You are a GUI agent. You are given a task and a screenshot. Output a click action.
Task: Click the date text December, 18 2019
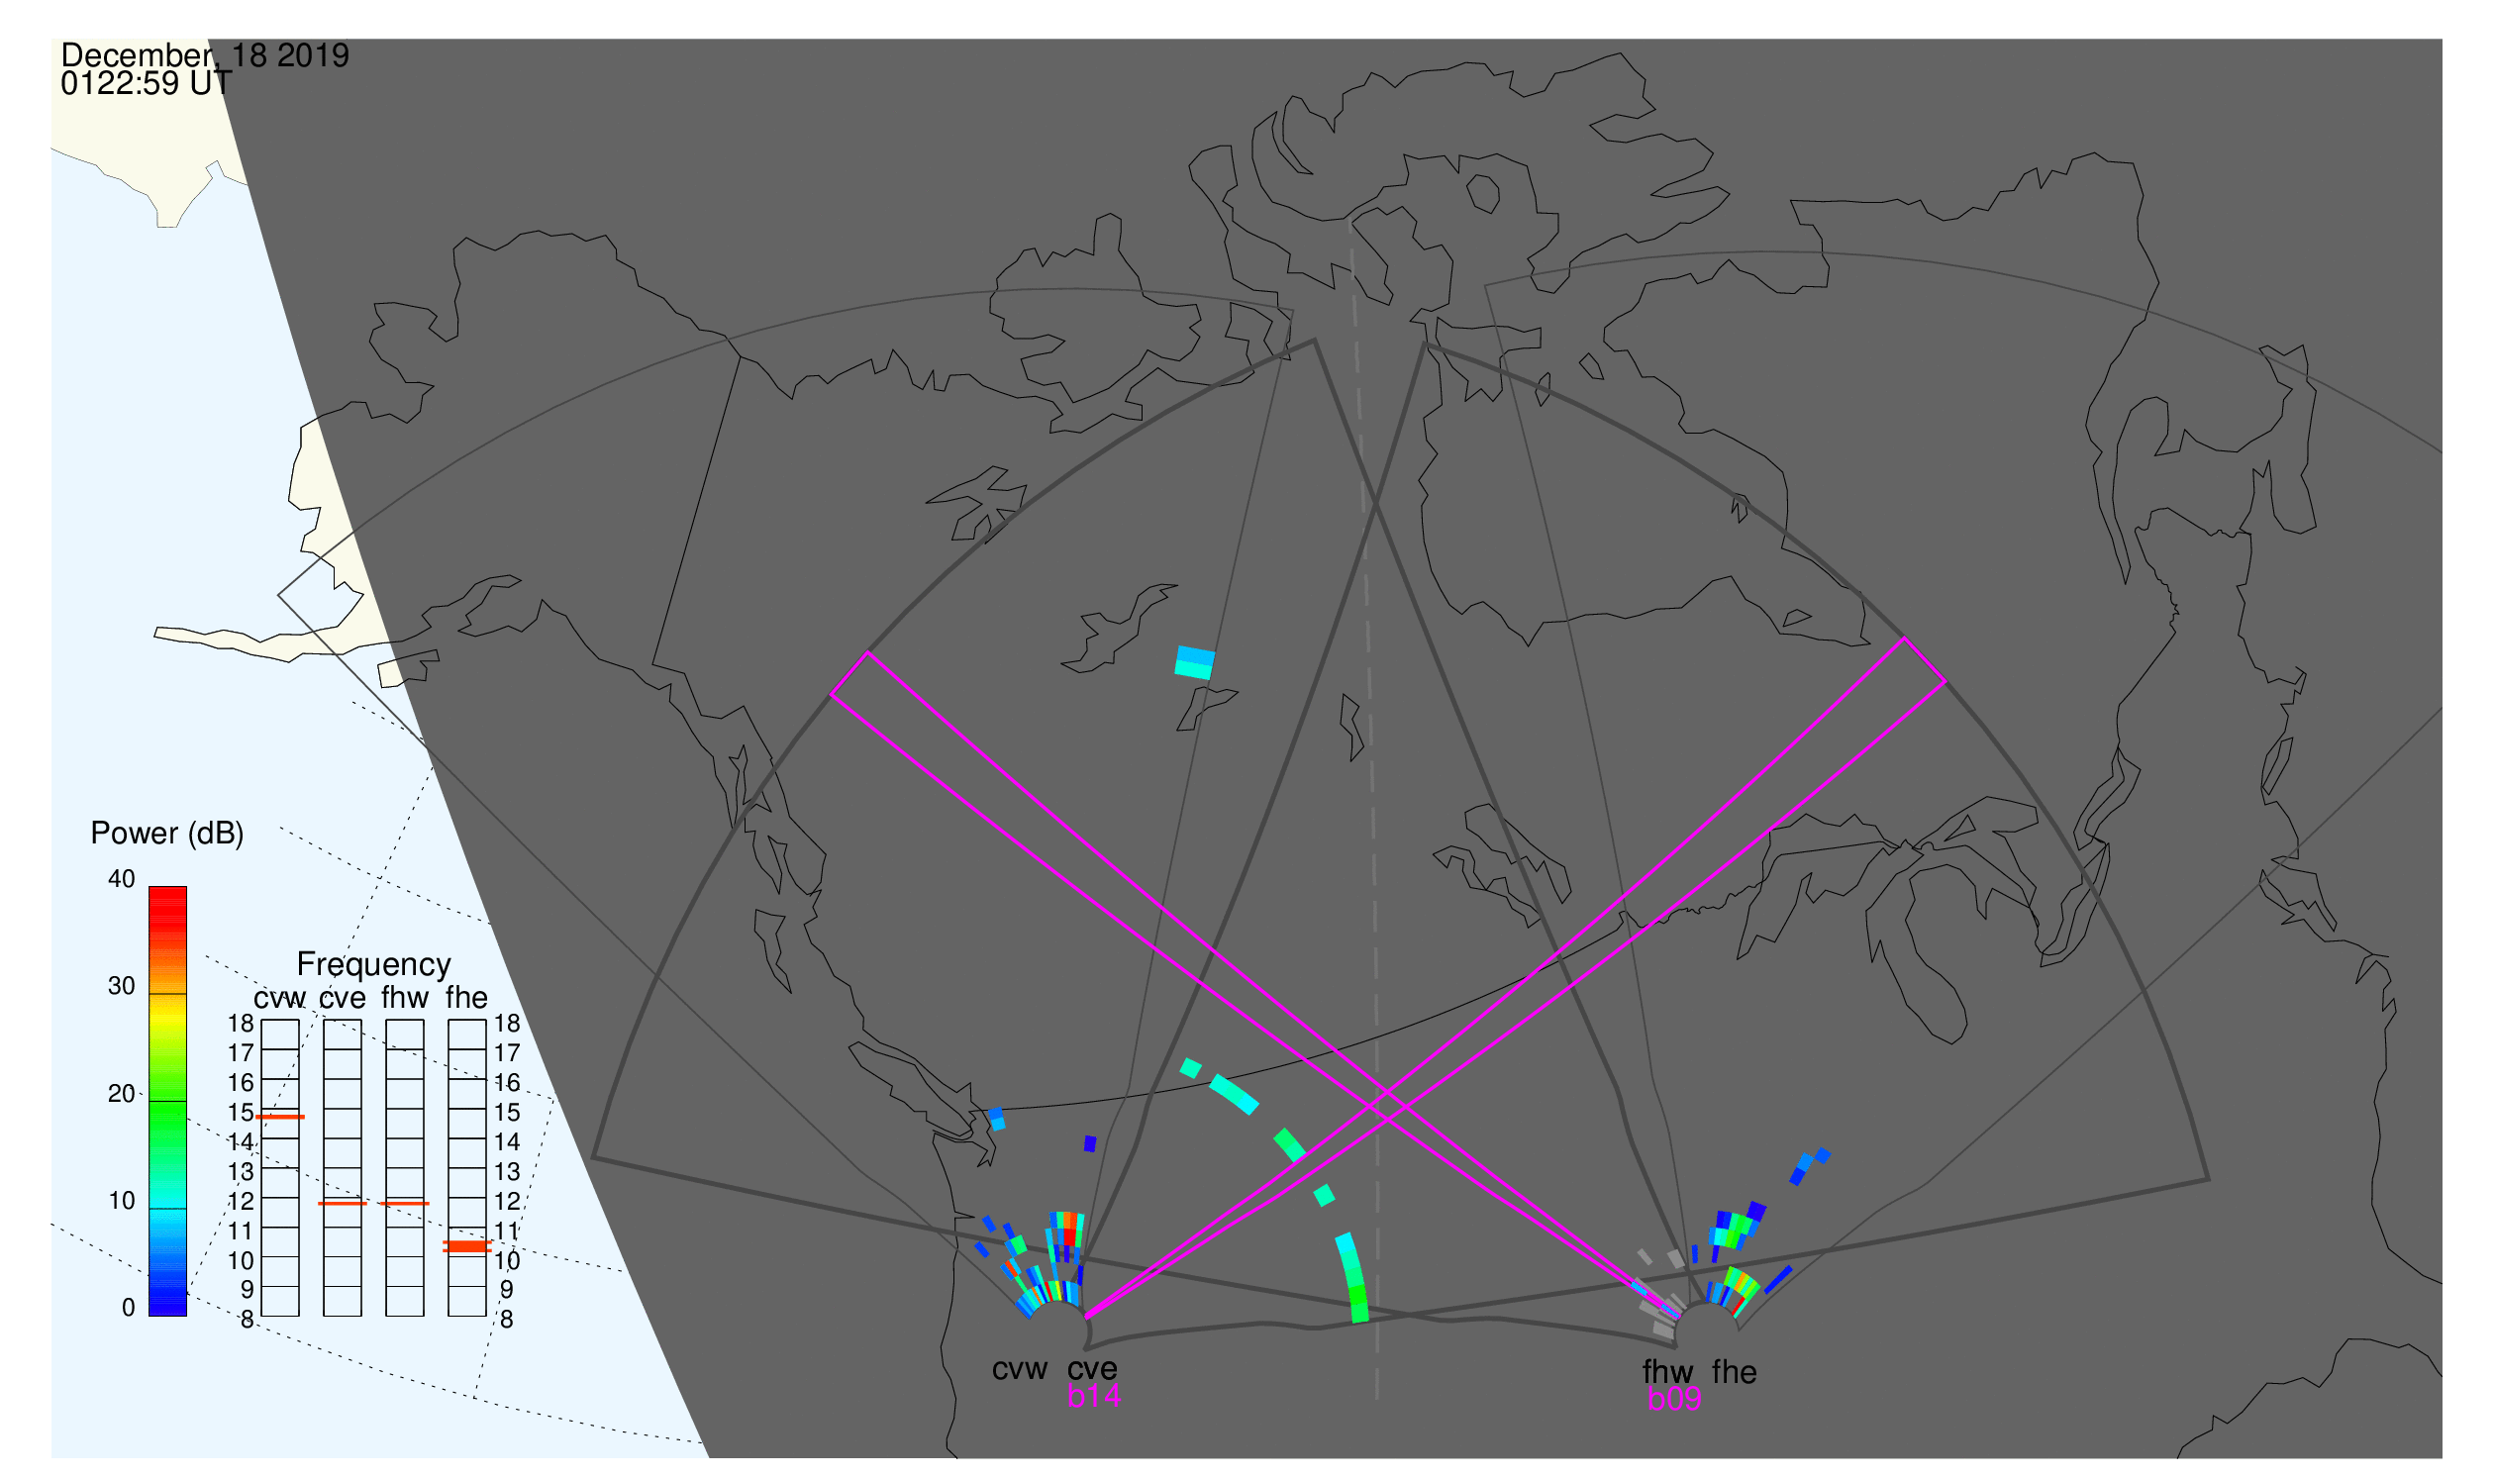pos(204,54)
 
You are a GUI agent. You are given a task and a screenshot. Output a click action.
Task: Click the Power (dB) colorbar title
pos(167,835)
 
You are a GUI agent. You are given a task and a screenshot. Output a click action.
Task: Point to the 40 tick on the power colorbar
pos(122,879)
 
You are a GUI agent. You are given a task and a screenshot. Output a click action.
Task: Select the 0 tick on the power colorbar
pos(128,1309)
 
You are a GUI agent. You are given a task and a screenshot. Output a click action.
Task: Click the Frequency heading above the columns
pos(374,965)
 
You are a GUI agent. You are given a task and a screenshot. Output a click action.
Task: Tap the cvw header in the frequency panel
pos(280,999)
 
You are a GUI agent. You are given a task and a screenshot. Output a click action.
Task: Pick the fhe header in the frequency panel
pos(466,998)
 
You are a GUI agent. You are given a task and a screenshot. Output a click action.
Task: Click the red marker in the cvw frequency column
pos(280,1119)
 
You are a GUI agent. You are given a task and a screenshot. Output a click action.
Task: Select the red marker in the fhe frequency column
pos(466,1247)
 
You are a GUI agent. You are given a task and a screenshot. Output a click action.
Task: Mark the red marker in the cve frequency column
pos(343,1205)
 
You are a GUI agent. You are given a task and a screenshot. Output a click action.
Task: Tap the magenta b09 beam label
pos(1674,1400)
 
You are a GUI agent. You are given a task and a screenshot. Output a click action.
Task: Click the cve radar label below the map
pos(1092,1370)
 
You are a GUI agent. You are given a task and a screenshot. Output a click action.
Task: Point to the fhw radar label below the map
pos(1667,1373)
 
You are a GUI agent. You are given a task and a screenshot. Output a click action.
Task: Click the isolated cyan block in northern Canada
pos(1194,663)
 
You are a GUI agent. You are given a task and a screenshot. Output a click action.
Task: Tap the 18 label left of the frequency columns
pos(241,1024)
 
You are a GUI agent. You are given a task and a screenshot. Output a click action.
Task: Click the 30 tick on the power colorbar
pos(122,987)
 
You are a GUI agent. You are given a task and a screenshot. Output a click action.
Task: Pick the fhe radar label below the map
pos(1735,1373)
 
